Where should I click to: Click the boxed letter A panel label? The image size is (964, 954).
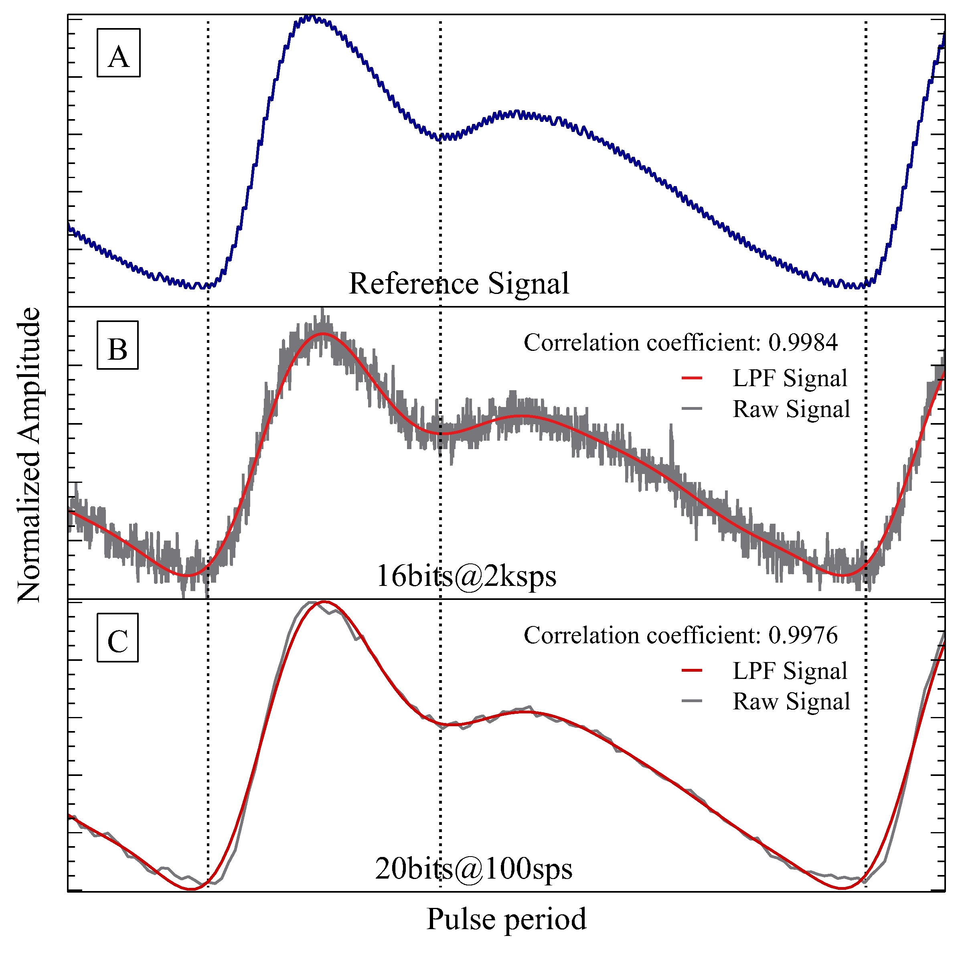[118, 53]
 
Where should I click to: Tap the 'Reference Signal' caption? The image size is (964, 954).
[459, 284]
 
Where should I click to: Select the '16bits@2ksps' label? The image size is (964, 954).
[466, 576]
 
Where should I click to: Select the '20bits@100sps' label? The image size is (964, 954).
[474, 869]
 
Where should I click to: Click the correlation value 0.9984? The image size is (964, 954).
[803, 343]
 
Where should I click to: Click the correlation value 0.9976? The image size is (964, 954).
[803, 635]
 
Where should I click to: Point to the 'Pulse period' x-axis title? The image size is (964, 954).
[506, 919]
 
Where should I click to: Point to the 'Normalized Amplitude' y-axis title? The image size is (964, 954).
[28, 455]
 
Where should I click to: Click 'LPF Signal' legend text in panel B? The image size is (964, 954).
[790, 378]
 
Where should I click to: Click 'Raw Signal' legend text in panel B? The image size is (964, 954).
[791, 409]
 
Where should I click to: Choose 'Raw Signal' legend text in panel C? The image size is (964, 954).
[791, 701]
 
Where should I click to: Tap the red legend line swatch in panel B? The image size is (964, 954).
[692, 378]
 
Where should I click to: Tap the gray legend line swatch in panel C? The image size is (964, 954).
[692, 701]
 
